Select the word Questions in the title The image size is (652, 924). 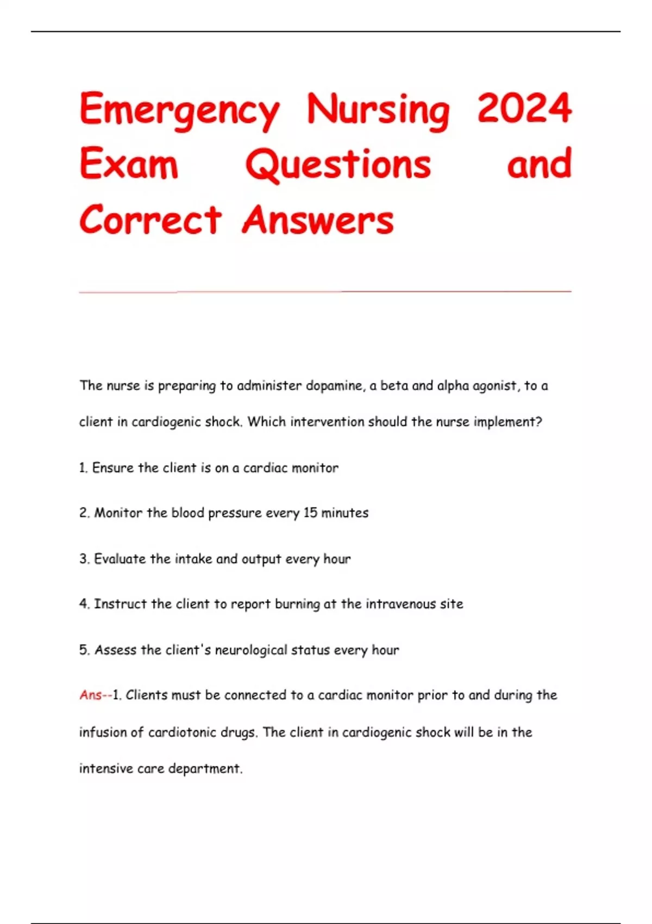click(x=338, y=164)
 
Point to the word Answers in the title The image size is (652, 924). click(x=318, y=220)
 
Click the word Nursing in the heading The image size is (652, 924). click(x=378, y=110)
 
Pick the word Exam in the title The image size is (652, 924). click(x=129, y=164)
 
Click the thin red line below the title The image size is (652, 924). click(x=325, y=292)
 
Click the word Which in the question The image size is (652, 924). click(x=266, y=422)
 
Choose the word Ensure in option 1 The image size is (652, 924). click(x=113, y=468)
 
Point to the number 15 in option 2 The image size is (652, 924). click(x=310, y=513)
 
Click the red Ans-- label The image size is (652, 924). click(x=95, y=695)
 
